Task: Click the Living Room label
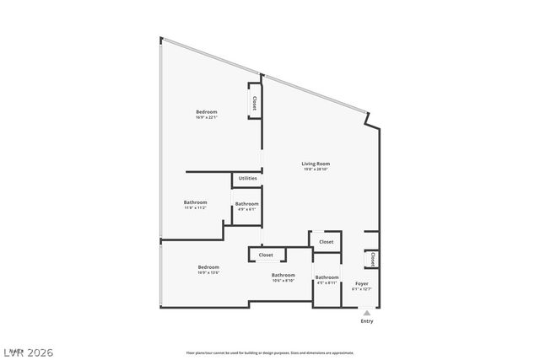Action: click(316, 164)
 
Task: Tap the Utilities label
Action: click(247, 178)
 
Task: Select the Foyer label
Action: click(361, 283)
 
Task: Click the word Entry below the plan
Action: click(367, 321)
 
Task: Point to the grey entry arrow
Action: click(366, 312)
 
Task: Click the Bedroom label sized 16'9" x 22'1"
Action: click(207, 112)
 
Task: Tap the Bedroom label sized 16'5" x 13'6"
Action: click(208, 267)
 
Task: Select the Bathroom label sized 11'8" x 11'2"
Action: click(196, 201)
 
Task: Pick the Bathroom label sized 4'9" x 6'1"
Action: click(246, 204)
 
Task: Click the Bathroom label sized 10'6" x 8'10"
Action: click(283, 275)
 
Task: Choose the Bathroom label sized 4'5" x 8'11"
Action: click(327, 277)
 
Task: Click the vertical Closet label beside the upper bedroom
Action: click(253, 102)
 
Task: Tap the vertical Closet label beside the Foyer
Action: click(372, 259)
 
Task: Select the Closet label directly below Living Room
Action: click(326, 242)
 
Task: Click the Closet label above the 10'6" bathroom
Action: click(266, 255)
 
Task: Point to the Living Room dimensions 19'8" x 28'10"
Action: click(316, 170)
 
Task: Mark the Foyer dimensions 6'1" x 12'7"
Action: click(361, 289)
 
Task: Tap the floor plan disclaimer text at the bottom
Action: click(269, 352)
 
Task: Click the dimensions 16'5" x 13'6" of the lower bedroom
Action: click(208, 273)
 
